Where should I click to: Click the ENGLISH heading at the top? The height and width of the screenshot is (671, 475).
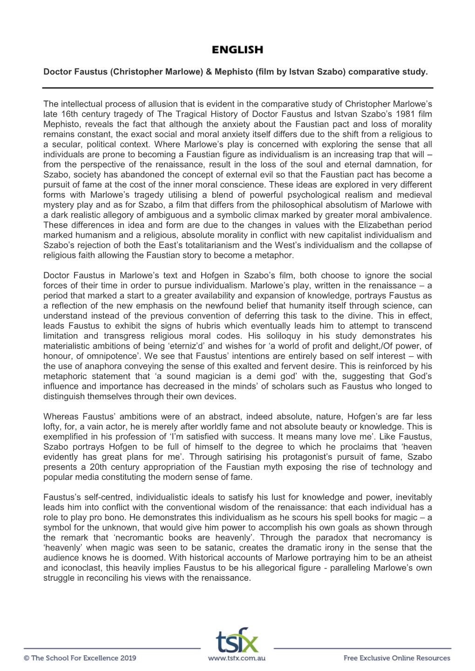click(x=237, y=49)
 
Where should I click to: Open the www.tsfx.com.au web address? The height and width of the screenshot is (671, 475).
click(x=237, y=658)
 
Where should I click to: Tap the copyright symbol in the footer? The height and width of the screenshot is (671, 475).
click(x=27, y=658)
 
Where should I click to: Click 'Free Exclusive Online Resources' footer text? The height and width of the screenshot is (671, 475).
click(x=397, y=658)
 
